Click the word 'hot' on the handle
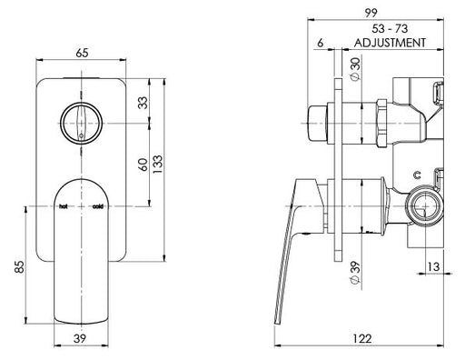(x=64, y=206)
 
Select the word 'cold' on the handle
(x=97, y=206)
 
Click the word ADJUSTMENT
(x=389, y=43)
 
